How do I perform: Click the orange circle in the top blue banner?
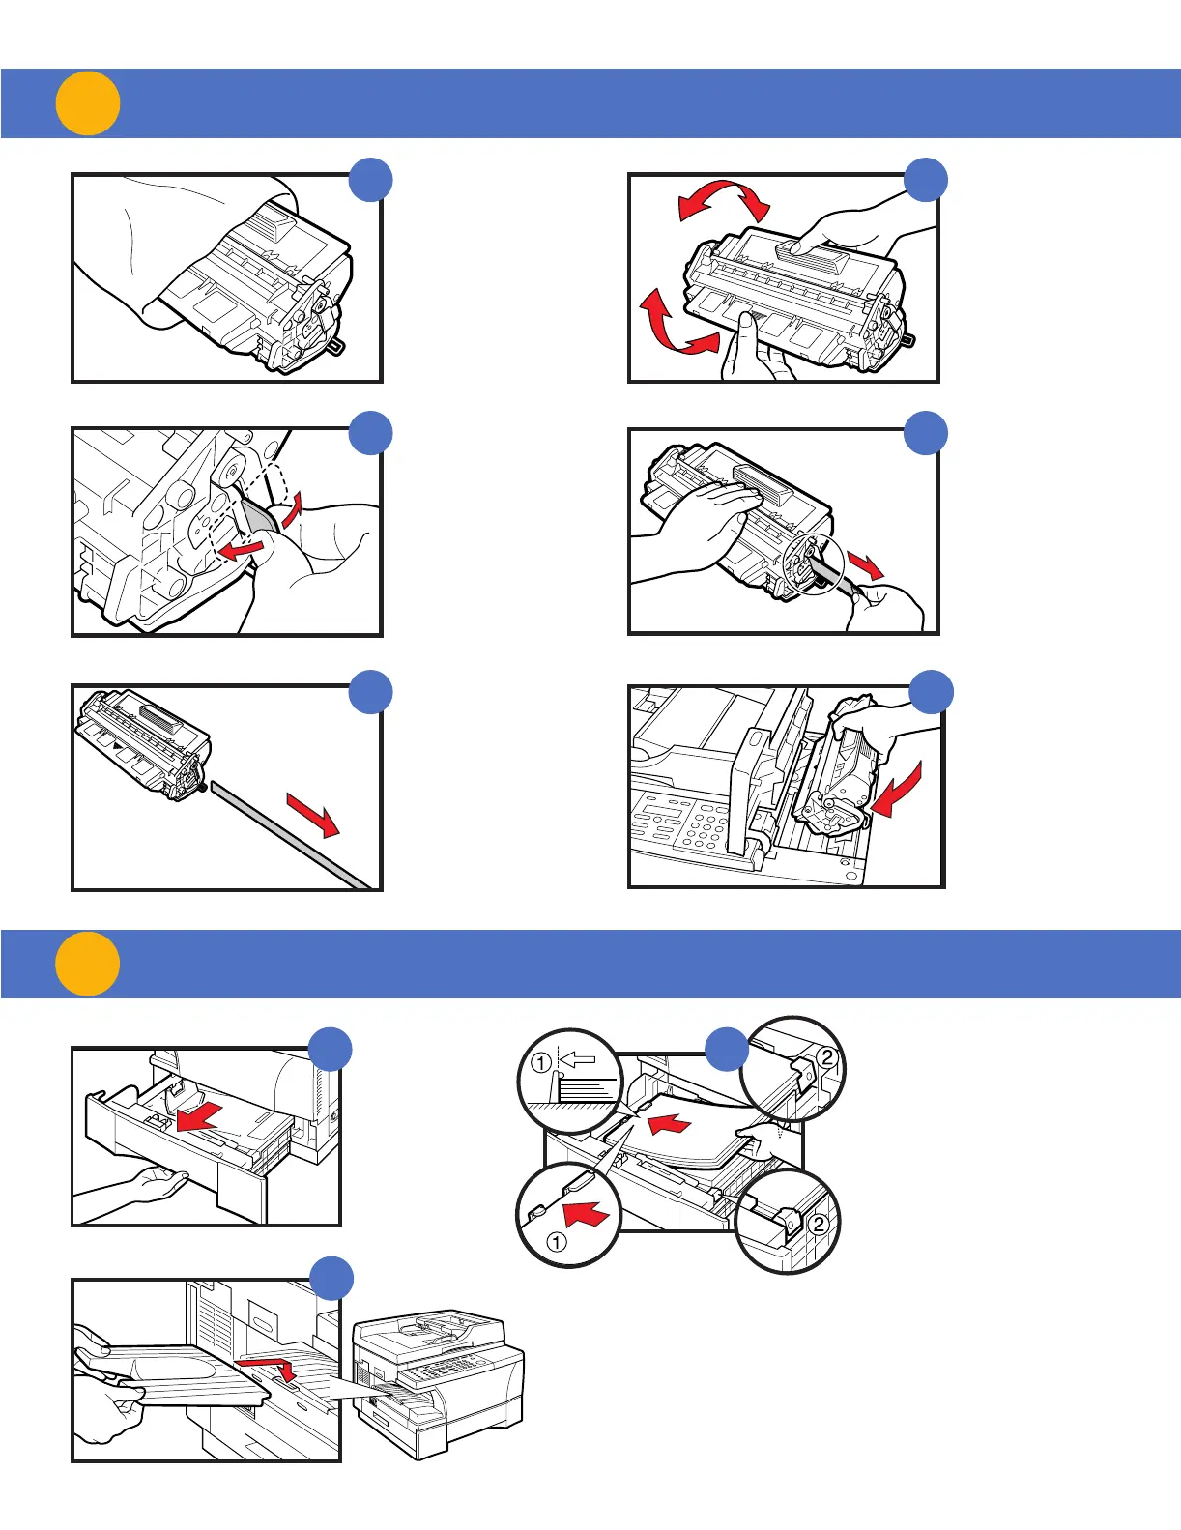coord(87,103)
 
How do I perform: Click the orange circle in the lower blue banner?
coord(87,964)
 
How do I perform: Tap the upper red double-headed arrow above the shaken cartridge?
coord(724,200)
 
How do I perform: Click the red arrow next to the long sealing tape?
coord(312,814)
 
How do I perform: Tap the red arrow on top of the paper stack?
coord(671,1123)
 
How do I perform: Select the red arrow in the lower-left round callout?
coord(585,1213)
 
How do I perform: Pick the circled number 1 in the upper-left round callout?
coord(542,1063)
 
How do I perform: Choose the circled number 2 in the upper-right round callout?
coord(827,1056)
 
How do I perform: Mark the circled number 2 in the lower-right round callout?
coord(818,1224)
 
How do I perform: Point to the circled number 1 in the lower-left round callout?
coord(557,1242)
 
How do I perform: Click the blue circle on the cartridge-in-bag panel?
coord(370,181)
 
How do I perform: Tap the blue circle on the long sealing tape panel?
coord(370,691)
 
